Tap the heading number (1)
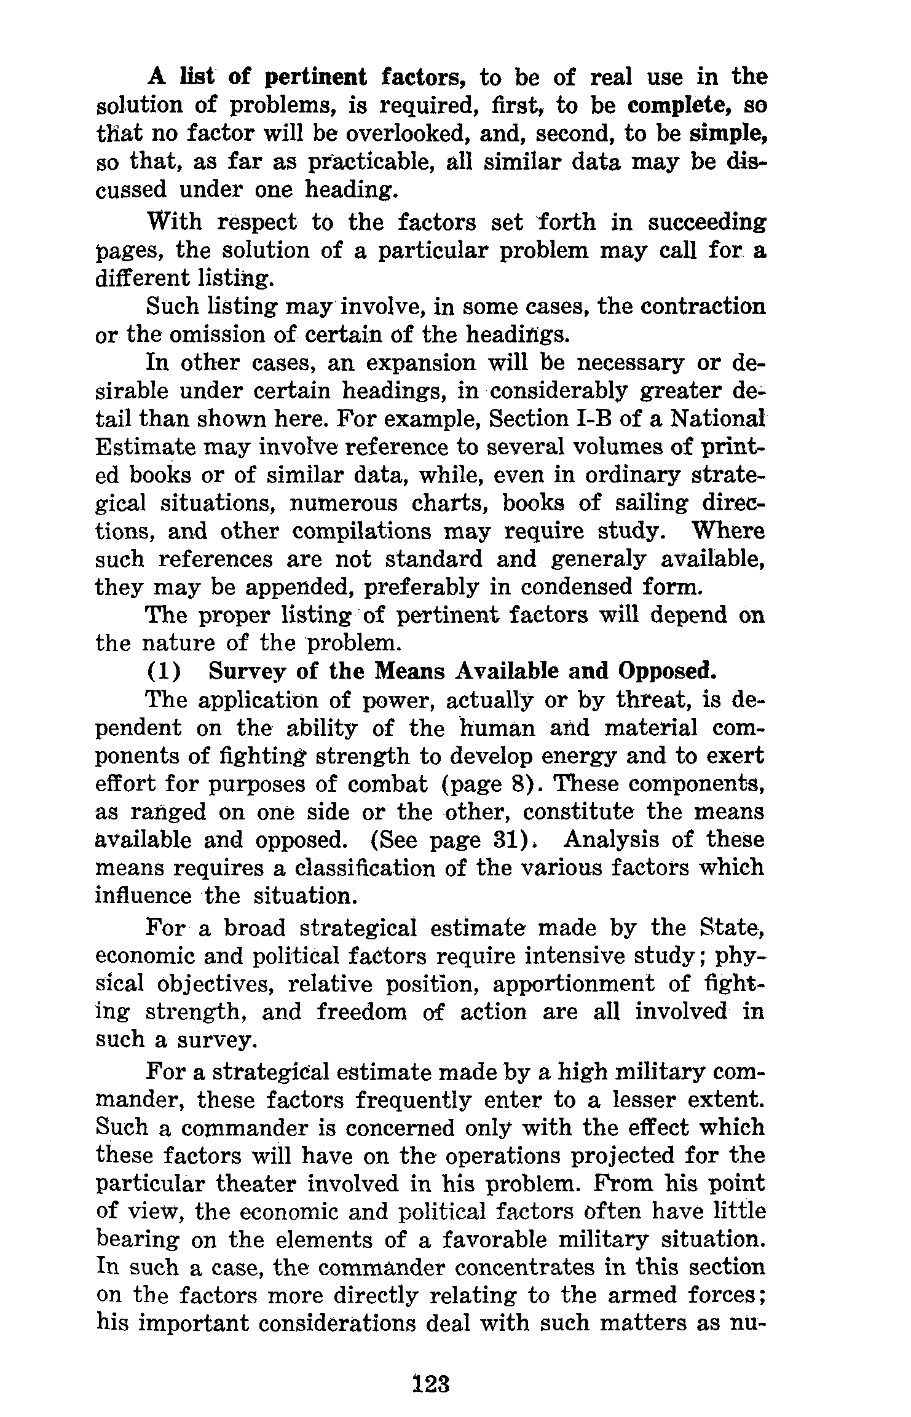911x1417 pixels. click(x=164, y=671)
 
